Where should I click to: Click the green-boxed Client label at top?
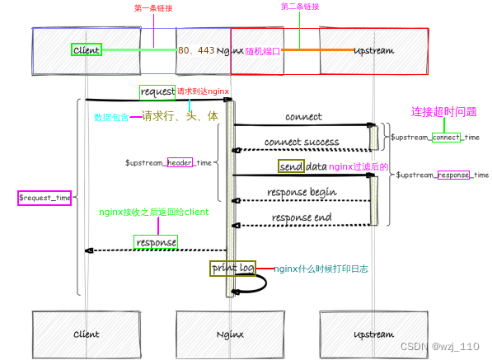pyautogui.click(x=86, y=50)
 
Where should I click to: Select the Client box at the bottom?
pyautogui.click(x=86, y=334)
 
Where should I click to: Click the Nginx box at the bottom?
pyautogui.click(x=229, y=334)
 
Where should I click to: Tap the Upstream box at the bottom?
pyautogui.click(x=373, y=334)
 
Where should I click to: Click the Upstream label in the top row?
pyautogui.click(x=373, y=50)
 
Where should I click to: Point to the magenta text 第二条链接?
pyautogui.click(x=300, y=7)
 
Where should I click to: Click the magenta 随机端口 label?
pyautogui.click(x=263, y=51)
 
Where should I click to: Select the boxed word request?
pyautogui.click(x=157, y=91)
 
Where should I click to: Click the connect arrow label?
pyautogui.click(x=303, y=117)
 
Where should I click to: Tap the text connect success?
pyautogui.click(x=302, y=142)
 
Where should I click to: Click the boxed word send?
pyautogui.click(x=291, y=166)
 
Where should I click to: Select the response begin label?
pyautogui.click(x=302, y=193)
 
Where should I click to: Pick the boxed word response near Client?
pyautogui.click(x=156, y=243)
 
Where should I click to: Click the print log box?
pyautogui.click(x=232, y=269)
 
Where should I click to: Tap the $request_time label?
pyautogui.click(x=45, y=198)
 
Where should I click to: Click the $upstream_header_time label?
pyautogui.click(x=169, y=163)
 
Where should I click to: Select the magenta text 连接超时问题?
pyautogui.click(x=444, y=112)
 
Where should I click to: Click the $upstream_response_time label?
pyautogui.click(x=442, y=175)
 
